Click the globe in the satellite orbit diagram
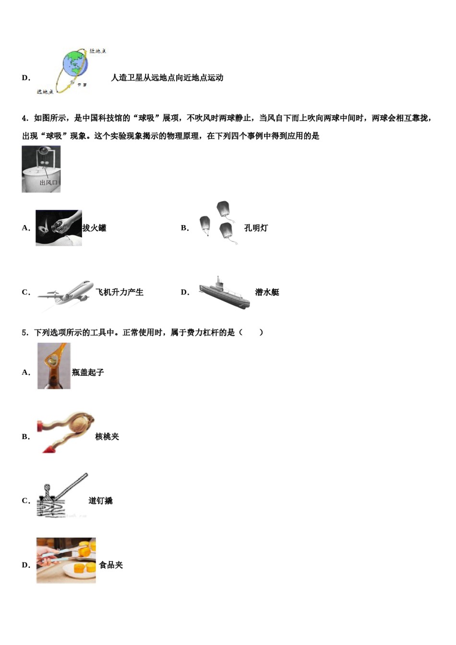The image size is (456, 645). pyautogui.click(x=75, y=64)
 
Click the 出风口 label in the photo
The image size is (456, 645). pyautogui.click(x=48, y=182)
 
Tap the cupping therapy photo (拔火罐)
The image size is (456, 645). pyautogui.click(x=59, y=228)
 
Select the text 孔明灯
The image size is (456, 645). pyautogui.click(x=256, y=228)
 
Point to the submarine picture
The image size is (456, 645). pyautogui.click(x=224, y=292)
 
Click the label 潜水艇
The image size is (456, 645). pyautogui.click(x=267, y=292)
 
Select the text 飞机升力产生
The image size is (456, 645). pyautogui.click(x=120, y=292)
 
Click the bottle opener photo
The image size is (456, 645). pyautogui.click(x=54, y=366)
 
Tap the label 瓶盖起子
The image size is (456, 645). pyautogui.click(x=88, y=372)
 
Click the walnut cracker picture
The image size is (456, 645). pyautogui.click(x=66, y=431)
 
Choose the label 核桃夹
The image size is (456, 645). pyautogui.click(x=107, y=437)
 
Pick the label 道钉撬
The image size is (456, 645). pyautogui.click(x=100, y=501)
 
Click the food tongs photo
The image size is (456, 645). pyautogui.click(x=66, y=560)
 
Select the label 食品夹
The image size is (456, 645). pyautogui.click(x=111, y=565)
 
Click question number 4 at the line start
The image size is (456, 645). pyautogui.click(x=25, y=118)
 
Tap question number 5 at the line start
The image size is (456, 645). pyautogui.click(x=25, y=333)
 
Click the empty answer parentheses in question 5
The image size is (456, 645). pyautogui.click(x=251, y=333)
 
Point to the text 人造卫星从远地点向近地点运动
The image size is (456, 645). pyautogui.click(x=167, y=78)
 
